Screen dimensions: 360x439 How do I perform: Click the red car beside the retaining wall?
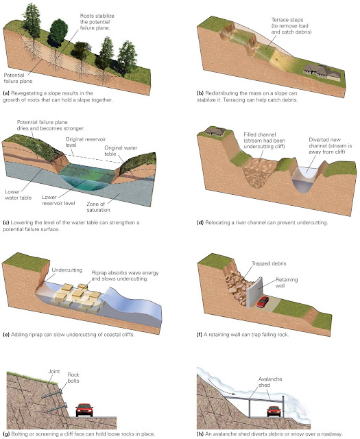tap(263, 302)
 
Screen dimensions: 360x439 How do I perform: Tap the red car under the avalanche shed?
tap(274, 411)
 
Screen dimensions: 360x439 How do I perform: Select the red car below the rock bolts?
tap(84, 410)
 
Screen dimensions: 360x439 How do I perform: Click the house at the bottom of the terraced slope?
tap(322, 72)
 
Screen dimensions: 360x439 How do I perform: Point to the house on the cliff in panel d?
tap(215, 131)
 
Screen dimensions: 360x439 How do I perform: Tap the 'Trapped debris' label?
tap(269, 263)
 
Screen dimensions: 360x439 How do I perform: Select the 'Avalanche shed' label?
tap(270, 382)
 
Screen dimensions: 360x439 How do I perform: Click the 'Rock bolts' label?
tap(73, 378)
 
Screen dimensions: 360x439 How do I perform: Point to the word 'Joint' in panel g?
tap(54, 371)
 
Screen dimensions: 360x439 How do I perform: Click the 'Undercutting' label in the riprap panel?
tap(67, 270)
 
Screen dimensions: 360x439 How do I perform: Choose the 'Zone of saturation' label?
tap(98, 207)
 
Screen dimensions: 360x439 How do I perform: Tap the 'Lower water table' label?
tap(19, 195)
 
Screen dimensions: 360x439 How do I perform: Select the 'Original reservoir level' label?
tap(86, 142)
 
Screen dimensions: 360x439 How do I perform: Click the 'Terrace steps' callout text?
tap(291, 26)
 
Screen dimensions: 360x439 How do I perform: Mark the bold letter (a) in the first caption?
tap(6, 93)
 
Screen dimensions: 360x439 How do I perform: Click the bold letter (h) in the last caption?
tap(200, 434)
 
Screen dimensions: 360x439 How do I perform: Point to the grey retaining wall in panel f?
tap(254, 293)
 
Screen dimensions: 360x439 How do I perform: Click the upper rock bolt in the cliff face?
tap(51, 394)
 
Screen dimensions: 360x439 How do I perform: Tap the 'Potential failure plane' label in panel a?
tap(18, 78)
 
